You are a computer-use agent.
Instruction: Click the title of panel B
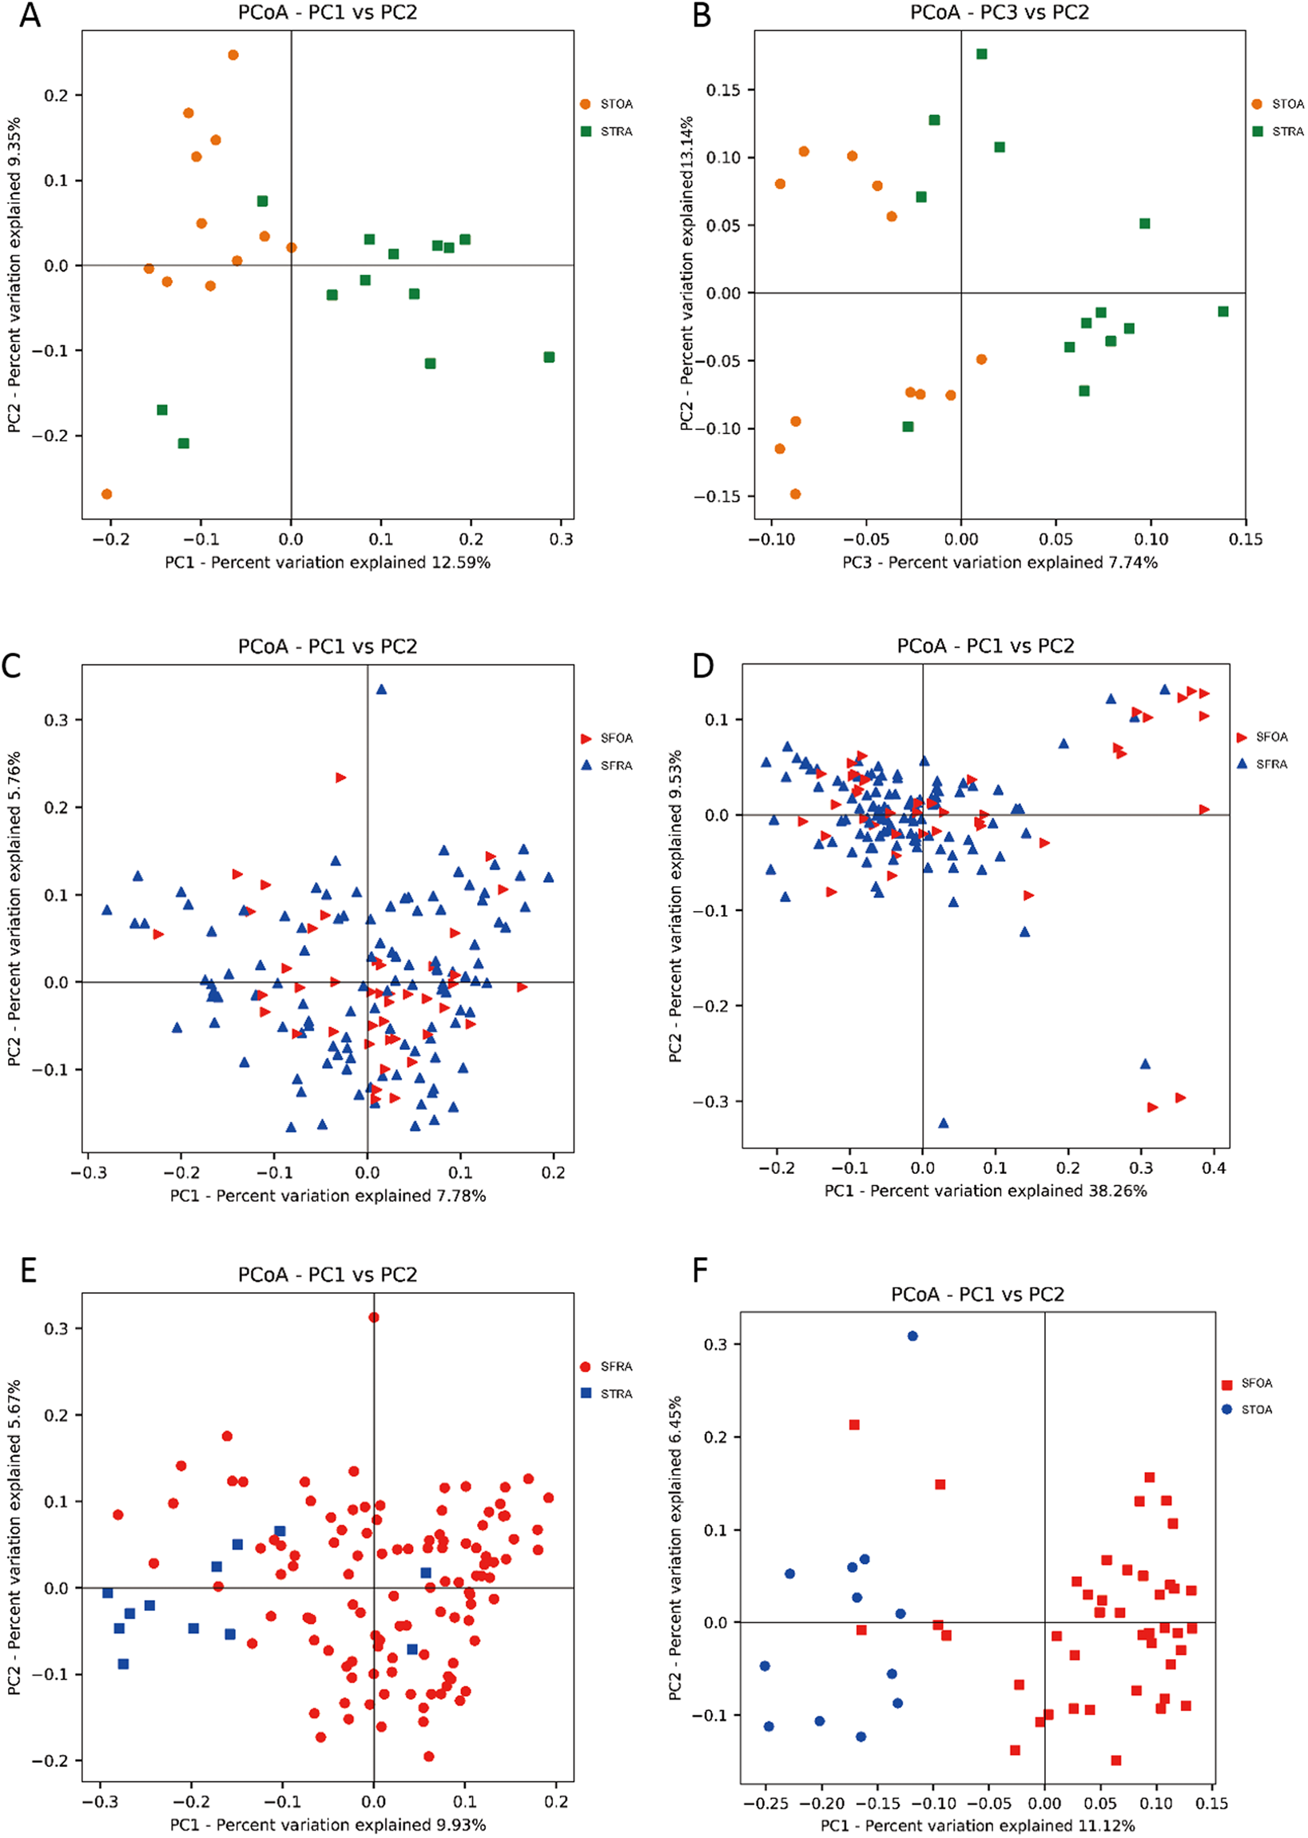coord(999,13)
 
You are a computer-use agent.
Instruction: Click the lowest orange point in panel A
coord(106,494)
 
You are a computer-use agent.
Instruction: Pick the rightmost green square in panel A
coord(549,356)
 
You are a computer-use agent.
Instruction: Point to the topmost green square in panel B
coord(982,54)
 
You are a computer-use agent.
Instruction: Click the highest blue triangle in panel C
coord(381,690)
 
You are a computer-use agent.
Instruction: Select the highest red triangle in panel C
coord(340,778)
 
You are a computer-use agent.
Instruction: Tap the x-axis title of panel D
coord(985,1191)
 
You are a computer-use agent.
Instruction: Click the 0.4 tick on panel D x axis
coord(1214,1168)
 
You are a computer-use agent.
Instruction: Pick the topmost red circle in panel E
coord(374,1318)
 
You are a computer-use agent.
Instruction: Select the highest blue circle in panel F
coord(912,1336)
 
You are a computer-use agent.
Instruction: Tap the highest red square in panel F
coord(854,1425)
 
